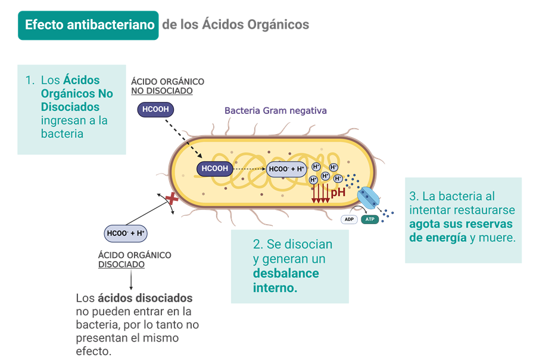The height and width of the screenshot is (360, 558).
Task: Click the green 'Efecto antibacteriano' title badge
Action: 89,25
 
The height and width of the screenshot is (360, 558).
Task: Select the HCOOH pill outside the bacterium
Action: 155,109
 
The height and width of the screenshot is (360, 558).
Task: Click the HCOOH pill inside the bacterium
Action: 214,169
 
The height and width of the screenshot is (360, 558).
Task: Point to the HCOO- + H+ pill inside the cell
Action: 286,169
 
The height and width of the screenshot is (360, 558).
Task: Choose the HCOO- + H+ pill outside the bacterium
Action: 126,233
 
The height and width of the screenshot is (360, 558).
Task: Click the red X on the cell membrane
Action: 172,198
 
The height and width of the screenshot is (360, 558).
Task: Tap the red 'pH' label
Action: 338,192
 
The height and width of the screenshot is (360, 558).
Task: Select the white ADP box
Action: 349,219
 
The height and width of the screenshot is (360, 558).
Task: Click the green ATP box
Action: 370,219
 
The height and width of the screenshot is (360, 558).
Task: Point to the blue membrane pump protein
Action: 367,198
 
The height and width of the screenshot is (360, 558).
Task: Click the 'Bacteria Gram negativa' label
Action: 275,111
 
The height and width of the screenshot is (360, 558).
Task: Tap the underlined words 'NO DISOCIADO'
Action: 161,91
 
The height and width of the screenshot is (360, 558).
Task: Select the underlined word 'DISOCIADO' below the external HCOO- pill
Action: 121,265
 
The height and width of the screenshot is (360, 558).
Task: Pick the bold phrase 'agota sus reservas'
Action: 460,224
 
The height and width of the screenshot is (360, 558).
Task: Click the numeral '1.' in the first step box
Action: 30,80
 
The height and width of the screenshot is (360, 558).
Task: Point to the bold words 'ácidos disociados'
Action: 145,297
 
